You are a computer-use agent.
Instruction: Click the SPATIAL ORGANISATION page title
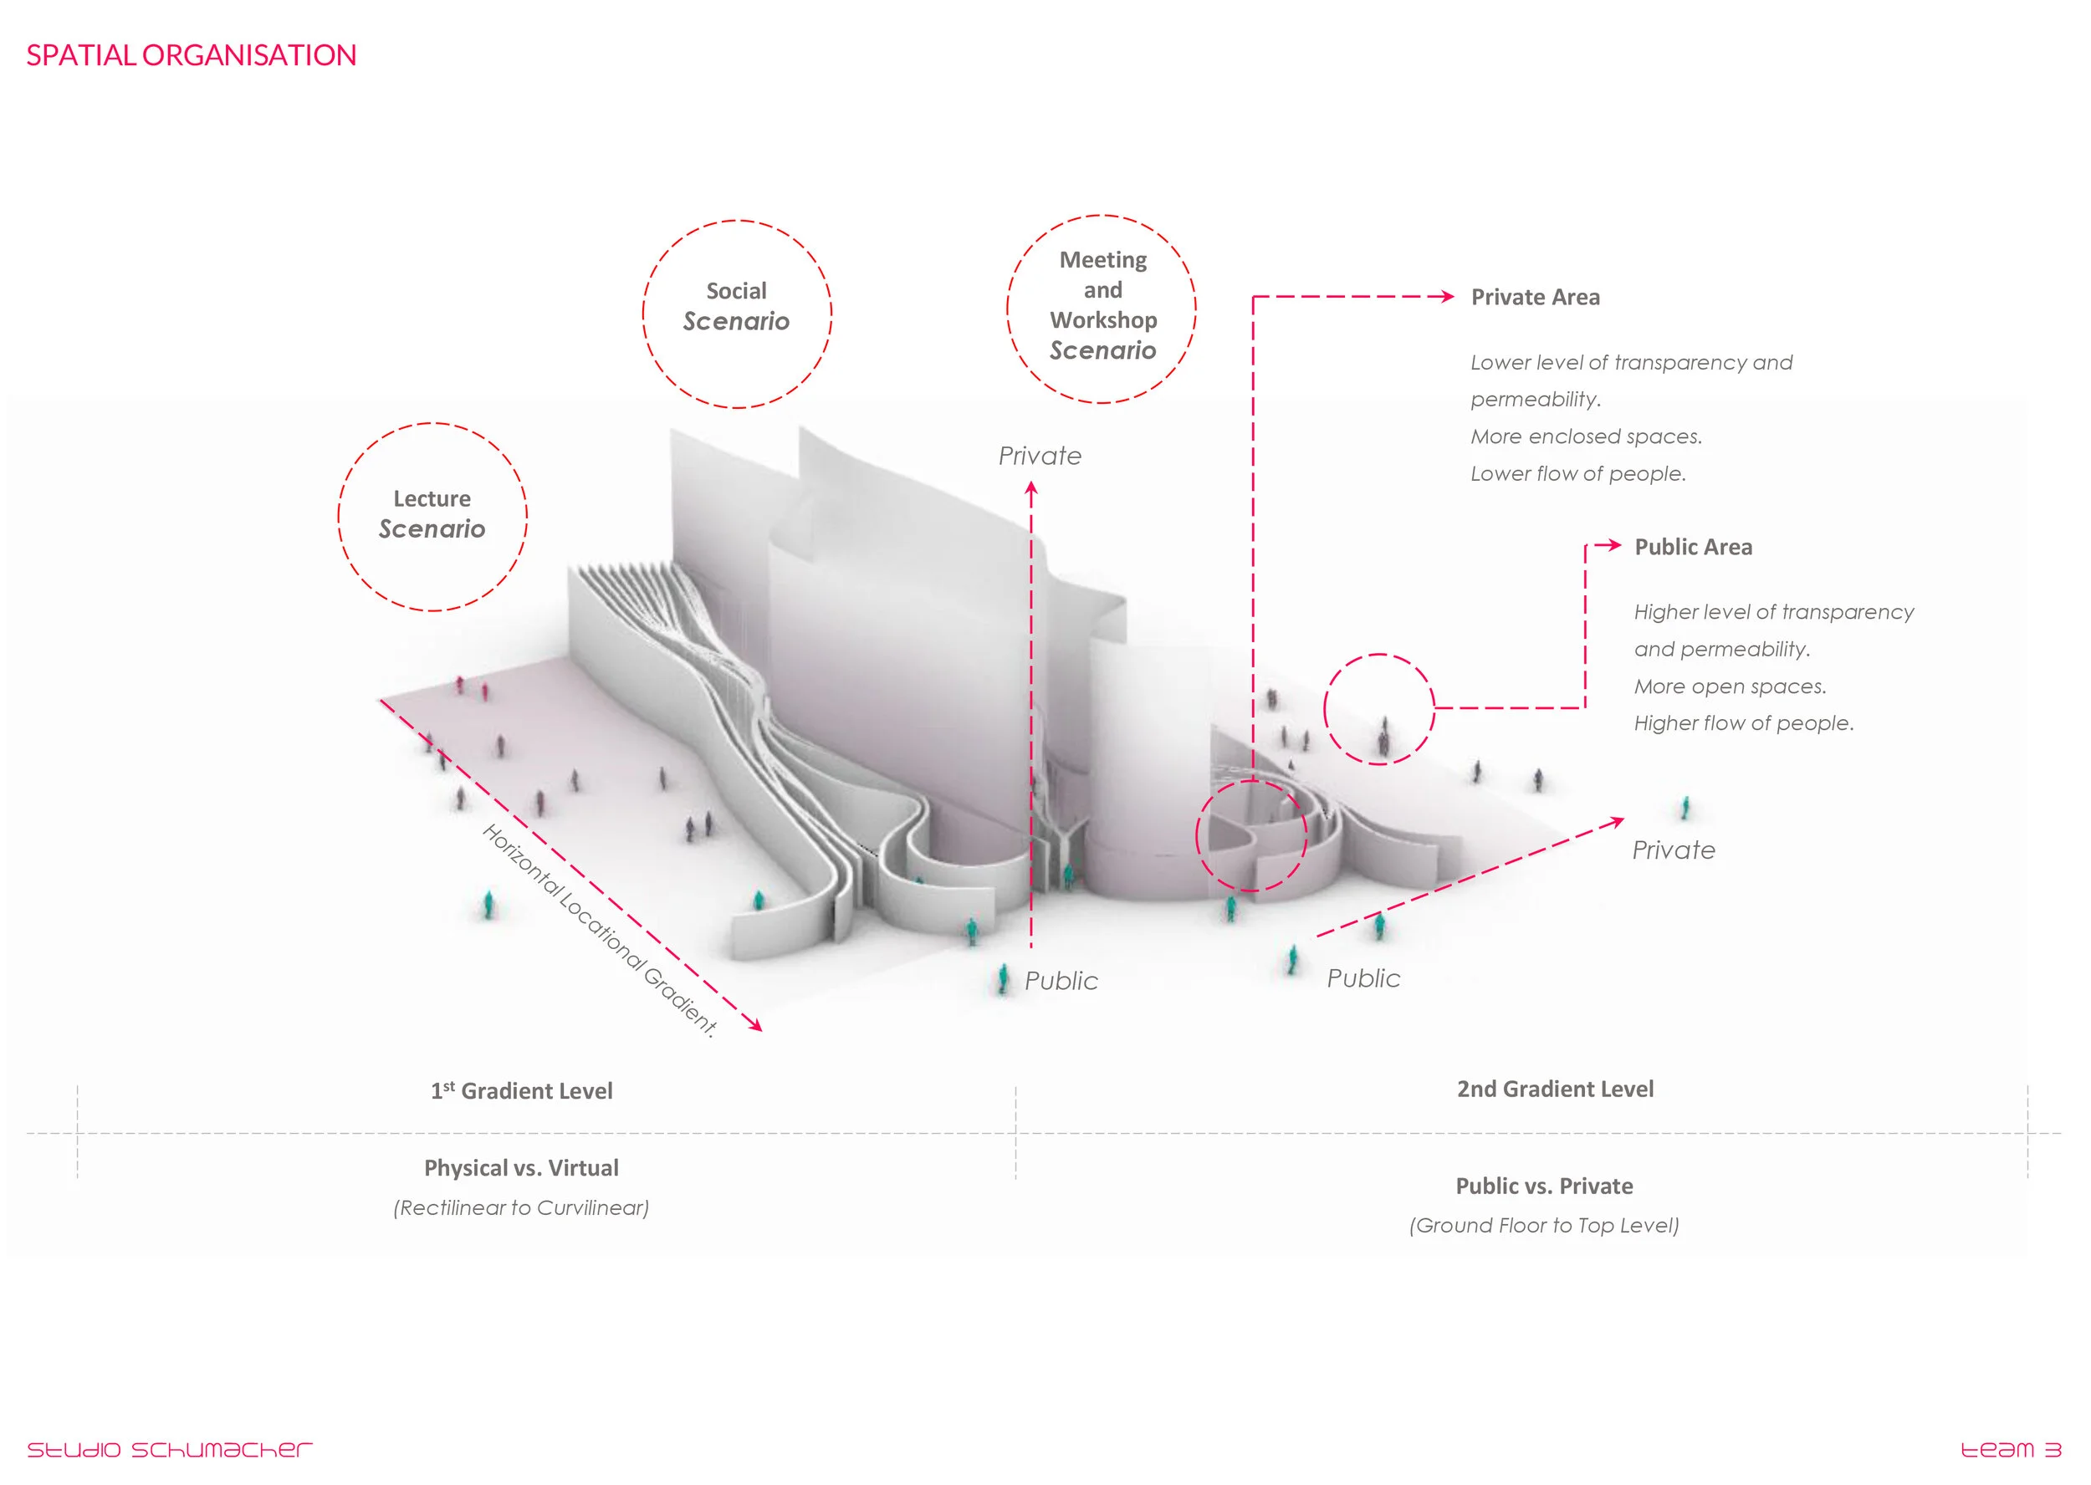coord(192,56)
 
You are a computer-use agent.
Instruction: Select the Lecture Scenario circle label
coord(432,515)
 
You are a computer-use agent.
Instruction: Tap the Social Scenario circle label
coord(736,307)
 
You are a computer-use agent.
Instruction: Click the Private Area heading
coord(1535,297)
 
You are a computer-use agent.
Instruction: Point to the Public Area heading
coord(1693,547)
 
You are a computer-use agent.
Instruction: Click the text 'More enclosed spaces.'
coord(1586,437)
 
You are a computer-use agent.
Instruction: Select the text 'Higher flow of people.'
coord(1743,723)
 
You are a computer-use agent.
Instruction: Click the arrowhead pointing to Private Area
coord(1447,296)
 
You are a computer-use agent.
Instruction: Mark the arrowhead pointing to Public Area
coord(1615,545)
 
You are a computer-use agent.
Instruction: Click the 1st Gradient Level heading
coord(521,1091)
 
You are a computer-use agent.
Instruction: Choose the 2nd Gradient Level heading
coord(1555,1089)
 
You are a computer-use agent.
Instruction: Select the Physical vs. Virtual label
coord(521,1168)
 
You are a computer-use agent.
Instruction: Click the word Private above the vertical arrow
coord(1039,457)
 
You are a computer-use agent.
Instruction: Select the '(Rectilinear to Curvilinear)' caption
coord(521,1208)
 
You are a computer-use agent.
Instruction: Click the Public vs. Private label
coord(1544,1186)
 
